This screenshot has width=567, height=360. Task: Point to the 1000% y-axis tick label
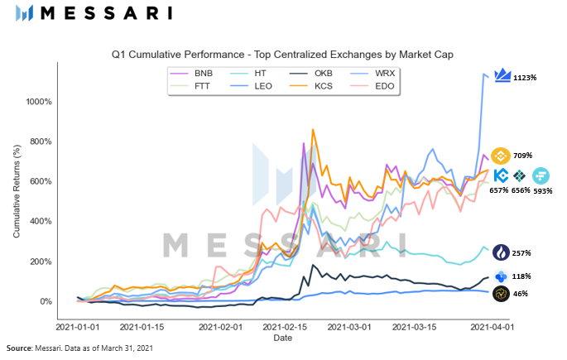click(38, 102)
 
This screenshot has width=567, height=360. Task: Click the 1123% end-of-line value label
click(525, 78)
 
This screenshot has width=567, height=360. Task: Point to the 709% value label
click(522, 155)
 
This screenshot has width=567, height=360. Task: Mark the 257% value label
click(522, 252)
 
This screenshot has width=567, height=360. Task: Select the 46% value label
click(521, 294)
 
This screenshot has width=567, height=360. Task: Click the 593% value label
click(542, 190)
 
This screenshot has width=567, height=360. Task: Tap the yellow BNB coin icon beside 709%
click(500, 155)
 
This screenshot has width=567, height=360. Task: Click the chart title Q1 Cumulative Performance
click(283, 54)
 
